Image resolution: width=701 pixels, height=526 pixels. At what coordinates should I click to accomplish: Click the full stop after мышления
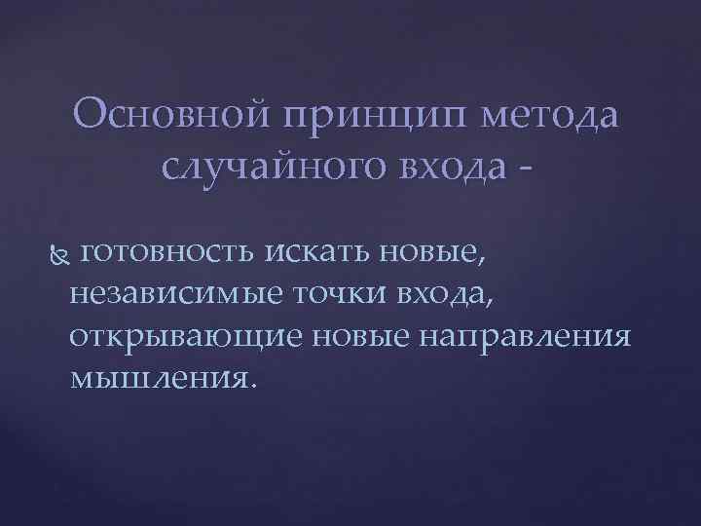point(256,384)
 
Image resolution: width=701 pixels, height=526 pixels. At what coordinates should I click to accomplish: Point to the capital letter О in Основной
point(88,117)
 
